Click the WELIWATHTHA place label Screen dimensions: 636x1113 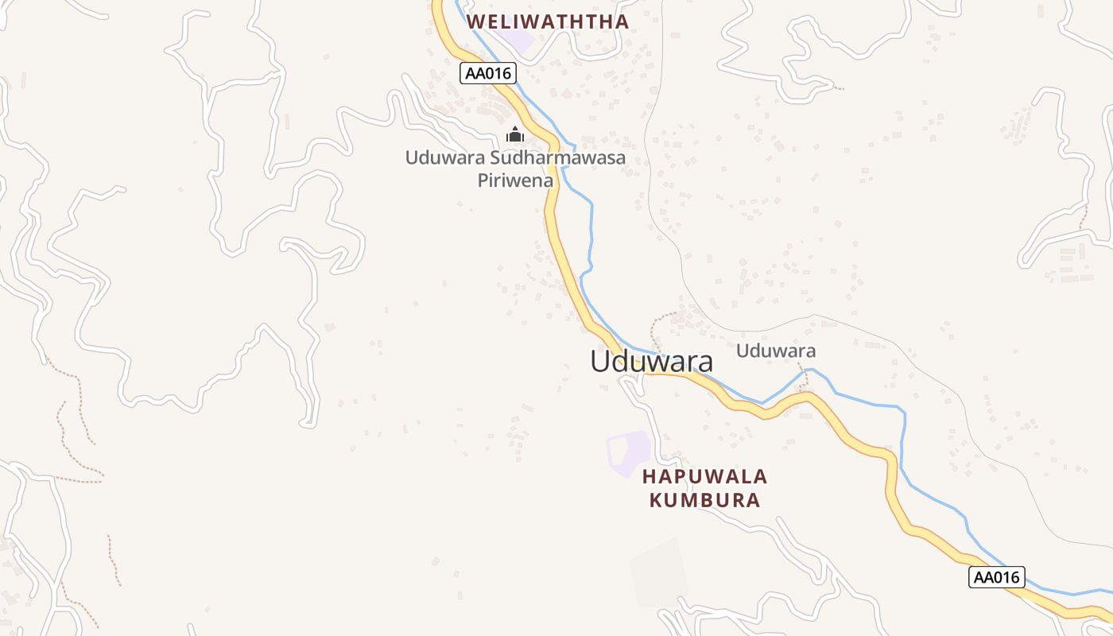click(548, 21)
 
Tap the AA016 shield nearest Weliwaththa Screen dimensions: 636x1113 click(488, 73)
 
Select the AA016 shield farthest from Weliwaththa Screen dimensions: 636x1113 click(996, 577)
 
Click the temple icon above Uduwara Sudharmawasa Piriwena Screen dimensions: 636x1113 click(515, 134)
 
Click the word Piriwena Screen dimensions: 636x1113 click(515, 180)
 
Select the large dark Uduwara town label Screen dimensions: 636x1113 click(651, 361)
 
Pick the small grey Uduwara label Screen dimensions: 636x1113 click(775, 351)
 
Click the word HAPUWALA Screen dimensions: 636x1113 click(704, 477)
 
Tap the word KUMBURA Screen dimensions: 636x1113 click(704, 500)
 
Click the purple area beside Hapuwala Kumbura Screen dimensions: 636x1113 click(630, 452)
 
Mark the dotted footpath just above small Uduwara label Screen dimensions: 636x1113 click(664, 317)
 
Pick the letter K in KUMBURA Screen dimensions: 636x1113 click(657, 500)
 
